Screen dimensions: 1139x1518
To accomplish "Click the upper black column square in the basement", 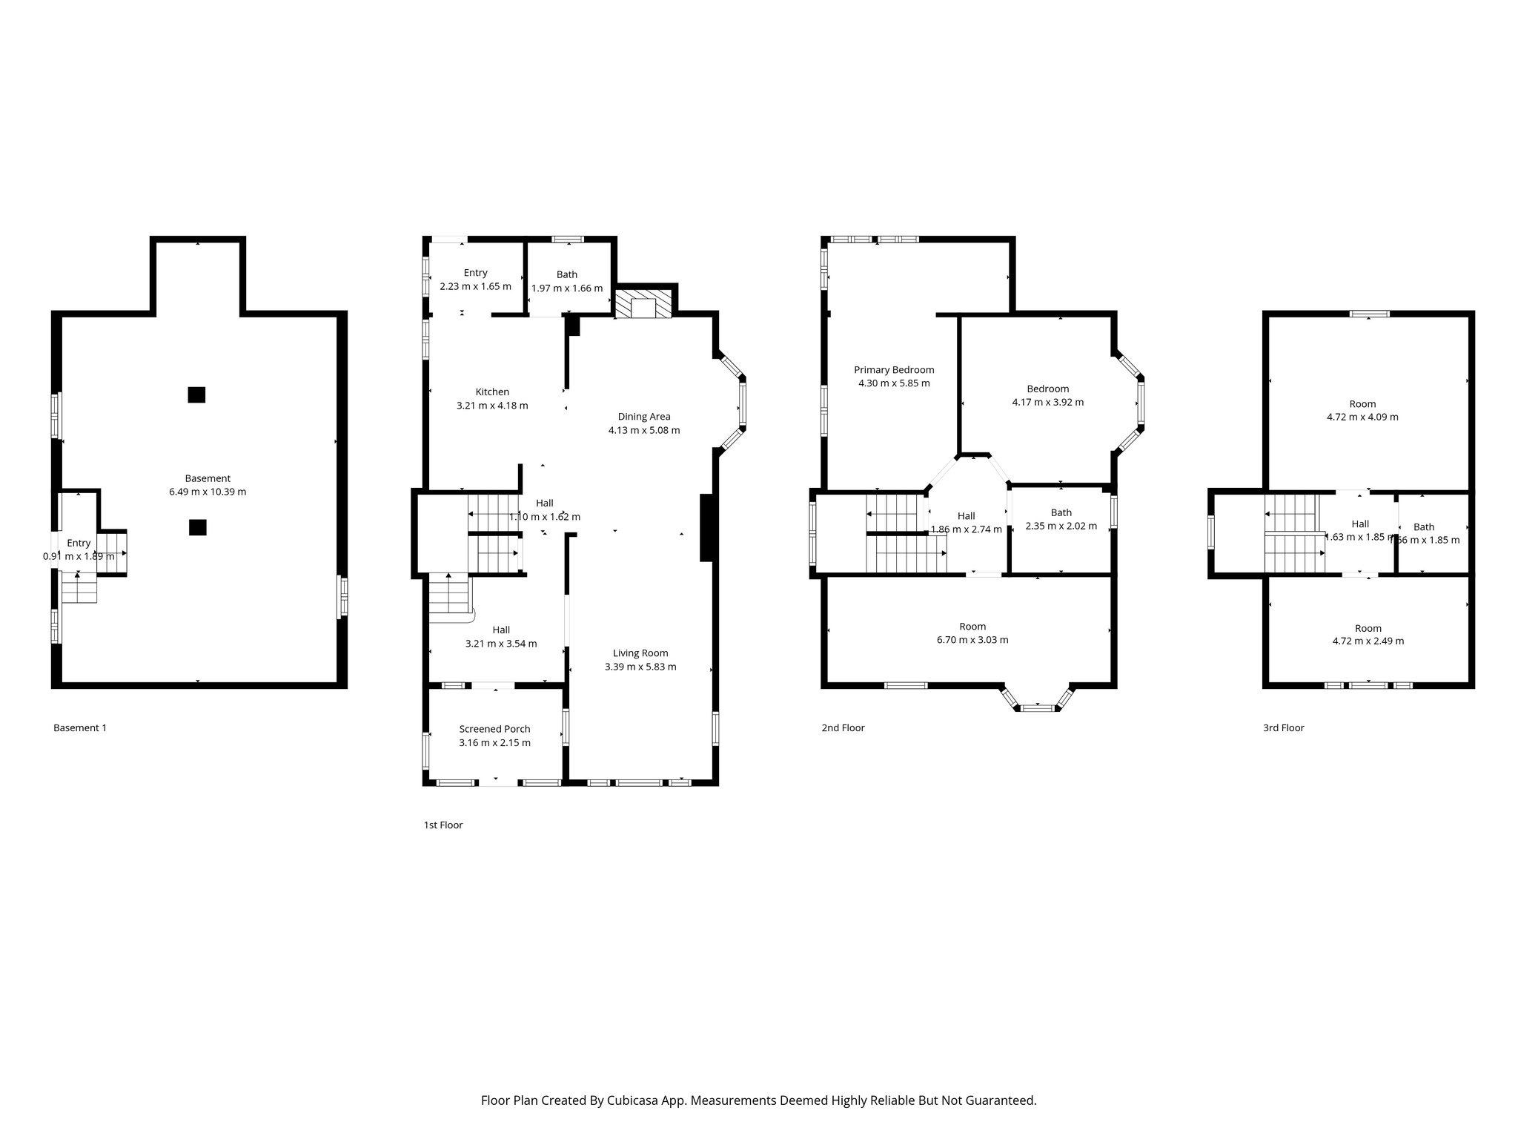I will (x=196, y=394).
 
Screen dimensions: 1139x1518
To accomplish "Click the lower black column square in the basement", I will (x=197, y=527).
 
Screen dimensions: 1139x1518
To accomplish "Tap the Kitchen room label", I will (x=492, y=392).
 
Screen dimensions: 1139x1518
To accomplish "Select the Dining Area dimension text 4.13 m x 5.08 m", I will (x=643, y=430).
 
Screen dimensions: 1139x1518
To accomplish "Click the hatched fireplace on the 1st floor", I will (x=643, y=305).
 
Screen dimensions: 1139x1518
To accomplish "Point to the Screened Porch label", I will (x=494, y=729).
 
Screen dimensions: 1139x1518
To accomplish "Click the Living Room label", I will (x=640, y=653).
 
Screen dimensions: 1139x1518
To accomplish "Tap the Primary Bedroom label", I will (x=894, y=370).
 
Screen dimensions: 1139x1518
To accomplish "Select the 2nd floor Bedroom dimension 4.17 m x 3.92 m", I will (x=1047, y=403).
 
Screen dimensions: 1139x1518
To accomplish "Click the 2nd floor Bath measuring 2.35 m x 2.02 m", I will (x=1061, y=519).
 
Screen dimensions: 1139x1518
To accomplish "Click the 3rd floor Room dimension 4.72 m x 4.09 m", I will (x=1362, y=417).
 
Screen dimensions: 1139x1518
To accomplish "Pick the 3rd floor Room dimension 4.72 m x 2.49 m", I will (x=1368, y=641).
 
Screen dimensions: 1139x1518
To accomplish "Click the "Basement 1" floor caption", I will (x=80, y=728).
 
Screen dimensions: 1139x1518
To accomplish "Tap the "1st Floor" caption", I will (x=443, y=825).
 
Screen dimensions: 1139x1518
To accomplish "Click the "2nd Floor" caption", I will (x=843, y=728).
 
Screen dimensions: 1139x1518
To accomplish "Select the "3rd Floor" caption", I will (x=1283, y=728).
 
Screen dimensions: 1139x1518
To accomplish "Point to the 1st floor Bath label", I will (x=566, y=275).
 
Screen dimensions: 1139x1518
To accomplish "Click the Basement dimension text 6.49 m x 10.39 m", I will (x=208, y=492).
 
